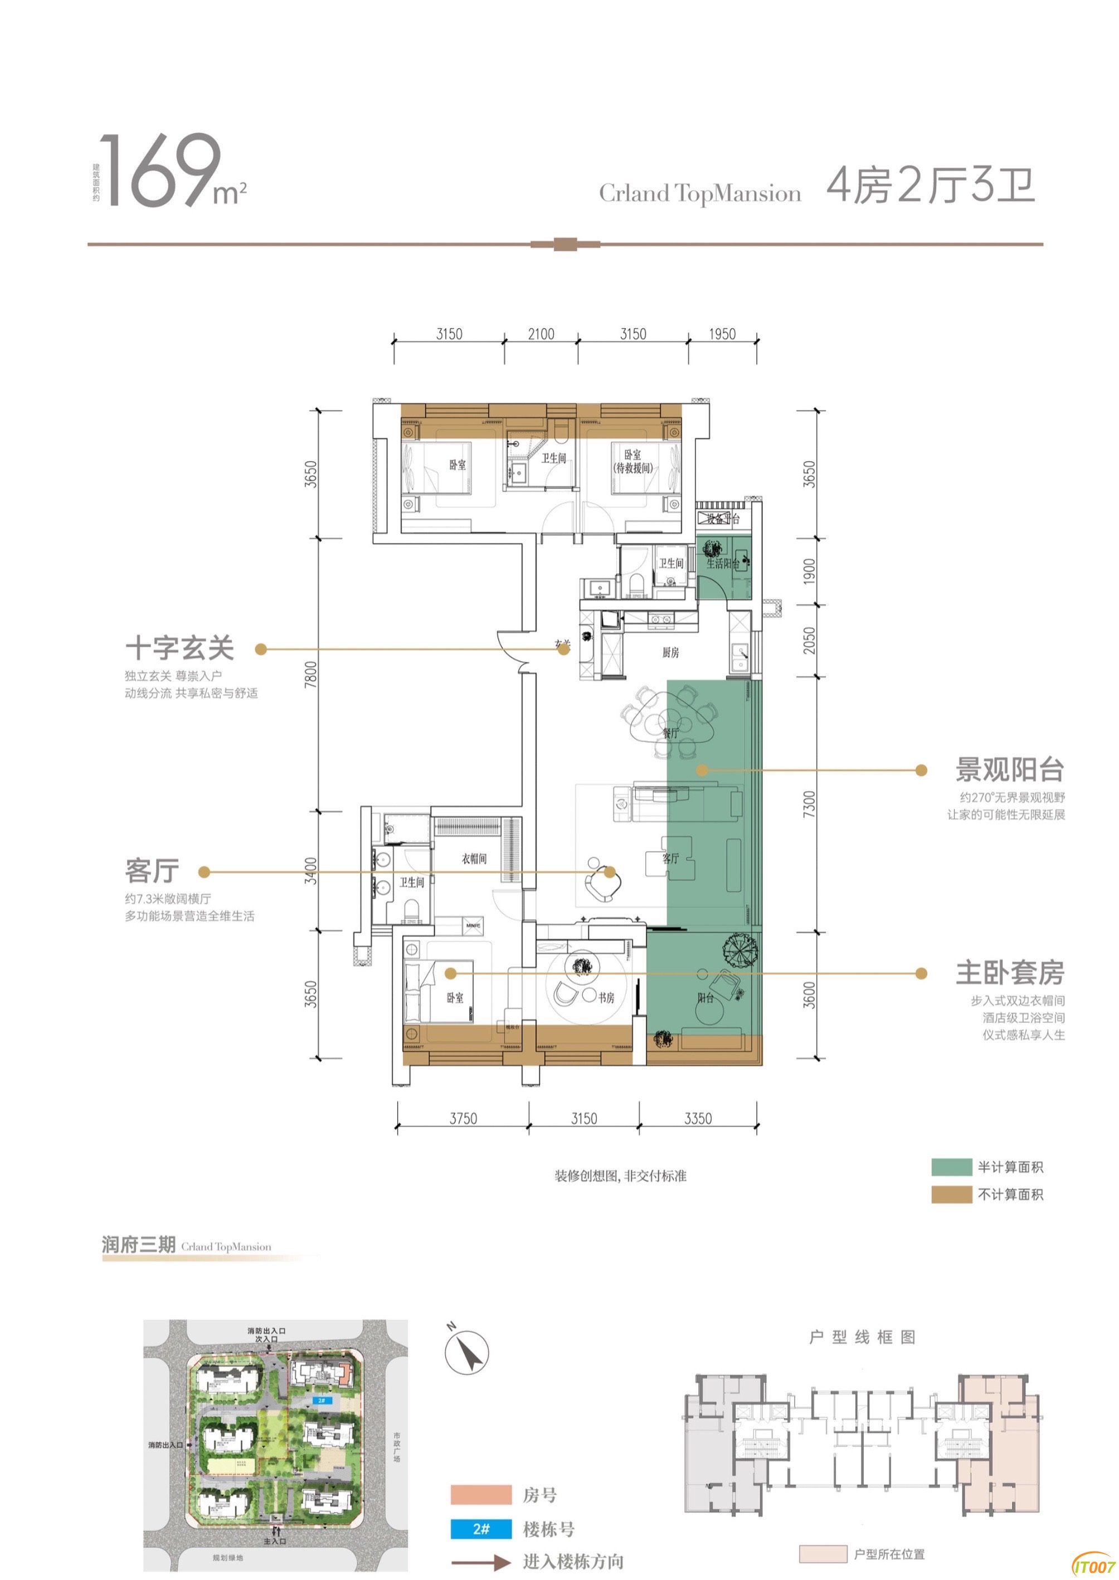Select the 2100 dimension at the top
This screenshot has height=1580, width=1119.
[x=541, y=334]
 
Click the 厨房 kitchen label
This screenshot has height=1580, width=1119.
[x=670, y=652]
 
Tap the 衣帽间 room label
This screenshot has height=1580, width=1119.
[x=474, y=859]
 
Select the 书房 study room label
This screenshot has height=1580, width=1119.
[x=606, y=997]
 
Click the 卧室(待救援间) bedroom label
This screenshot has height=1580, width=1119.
[x=633, y=461]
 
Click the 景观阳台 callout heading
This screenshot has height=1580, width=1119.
[x=1009, y=769]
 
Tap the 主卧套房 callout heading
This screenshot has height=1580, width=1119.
[x=1009, y=973]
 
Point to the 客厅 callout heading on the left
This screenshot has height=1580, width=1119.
[x=152, y=871]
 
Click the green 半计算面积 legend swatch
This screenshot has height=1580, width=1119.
[x=951, y=1167]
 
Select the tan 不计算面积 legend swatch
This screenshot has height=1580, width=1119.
[x=951, y=1194]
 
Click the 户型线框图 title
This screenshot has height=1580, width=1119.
[x=862, y=1338]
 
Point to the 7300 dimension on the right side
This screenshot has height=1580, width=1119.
[x=809, y=804]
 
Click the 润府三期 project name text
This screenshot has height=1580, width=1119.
[x=139, y=1245]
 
